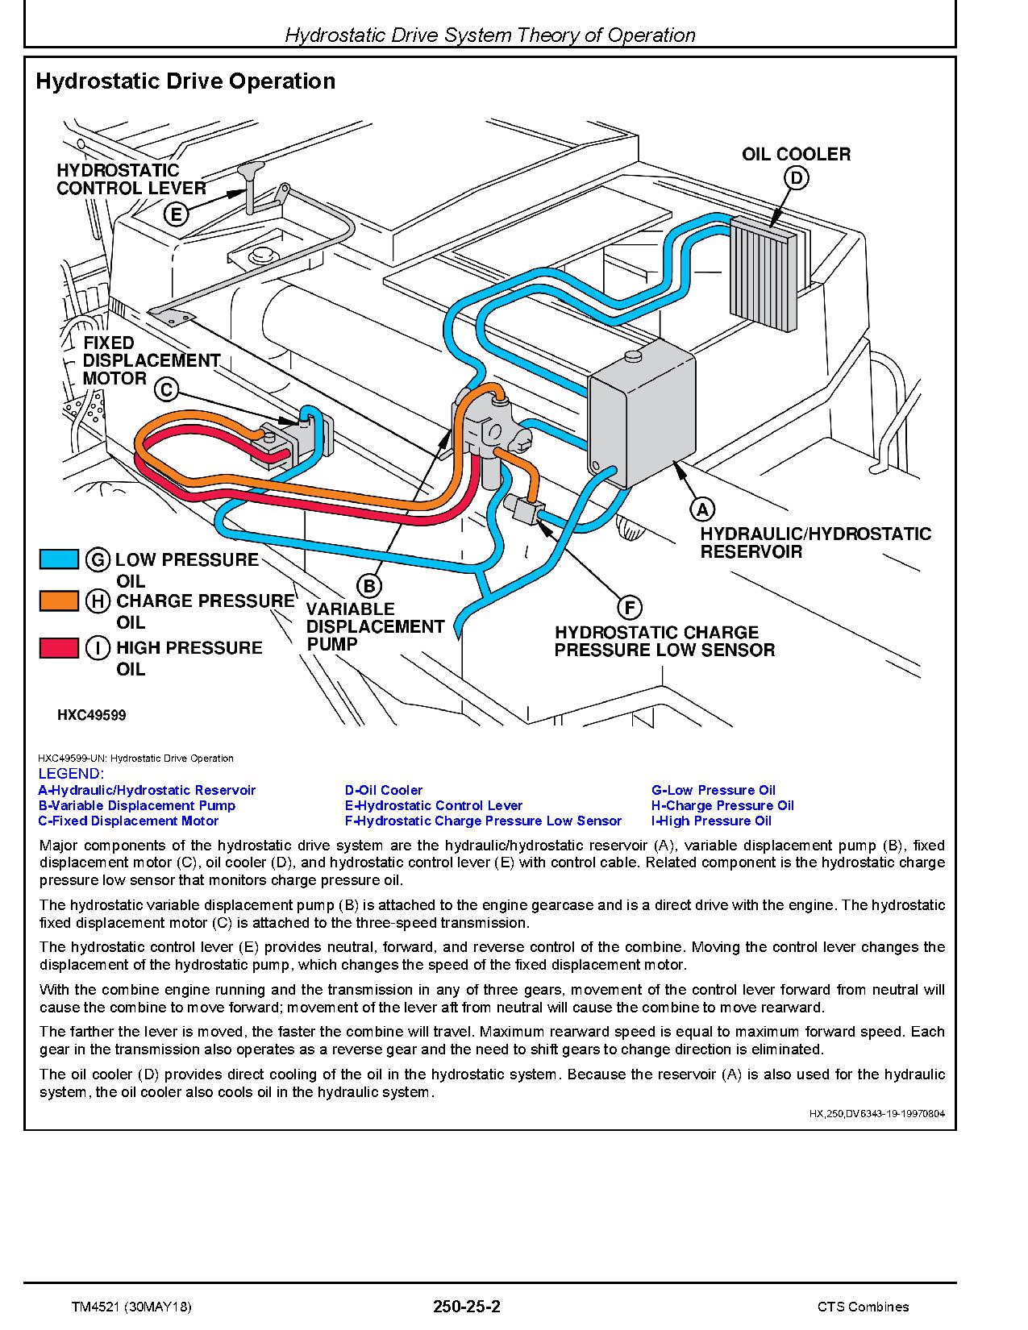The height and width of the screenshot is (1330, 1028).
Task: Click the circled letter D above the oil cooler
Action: tap(796, 178)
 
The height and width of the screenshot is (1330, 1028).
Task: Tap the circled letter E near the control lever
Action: tap(176, 214)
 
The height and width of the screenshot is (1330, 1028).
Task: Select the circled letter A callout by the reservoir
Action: tap(702, 509)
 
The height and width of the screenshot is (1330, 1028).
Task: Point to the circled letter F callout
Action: tap(629, 608)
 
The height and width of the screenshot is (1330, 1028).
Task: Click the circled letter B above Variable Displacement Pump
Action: tap(369, 586)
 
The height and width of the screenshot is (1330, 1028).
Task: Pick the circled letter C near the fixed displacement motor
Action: tap(166, 390)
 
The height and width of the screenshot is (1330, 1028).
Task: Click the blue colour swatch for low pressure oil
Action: tap(59, 559)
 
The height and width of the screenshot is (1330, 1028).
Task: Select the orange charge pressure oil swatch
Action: tap(59, 601)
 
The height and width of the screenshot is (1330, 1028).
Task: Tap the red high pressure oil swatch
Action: tap(59, 647)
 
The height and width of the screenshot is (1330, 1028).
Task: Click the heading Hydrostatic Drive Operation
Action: tap(185, 81)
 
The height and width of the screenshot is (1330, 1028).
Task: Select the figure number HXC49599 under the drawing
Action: tap(91, 715)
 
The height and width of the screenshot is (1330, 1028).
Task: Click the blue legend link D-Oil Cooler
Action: tap(384, 790)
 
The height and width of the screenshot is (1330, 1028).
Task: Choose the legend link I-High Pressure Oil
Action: tap(711, 821)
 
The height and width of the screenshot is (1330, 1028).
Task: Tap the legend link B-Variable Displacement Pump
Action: tap(137, 805)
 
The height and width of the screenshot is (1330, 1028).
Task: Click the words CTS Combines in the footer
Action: tap(862, 1307)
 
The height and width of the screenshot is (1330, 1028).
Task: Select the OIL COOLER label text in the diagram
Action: tap(796, 154)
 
